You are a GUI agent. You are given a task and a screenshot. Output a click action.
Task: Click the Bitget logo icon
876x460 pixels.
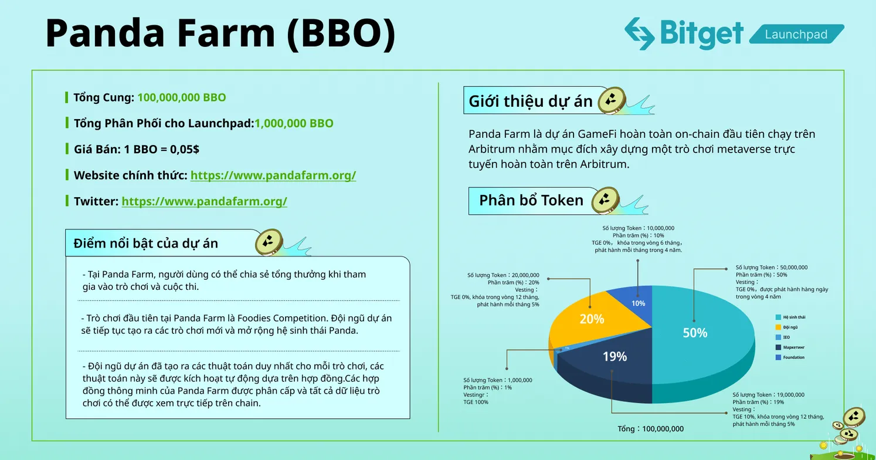pos(640,33)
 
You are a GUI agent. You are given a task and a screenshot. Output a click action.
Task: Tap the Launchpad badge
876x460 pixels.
pos(796,35)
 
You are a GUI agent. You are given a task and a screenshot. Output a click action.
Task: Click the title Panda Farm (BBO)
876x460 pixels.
pos(220,33)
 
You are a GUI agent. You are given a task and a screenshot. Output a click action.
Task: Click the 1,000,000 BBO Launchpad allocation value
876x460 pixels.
pos(294,123)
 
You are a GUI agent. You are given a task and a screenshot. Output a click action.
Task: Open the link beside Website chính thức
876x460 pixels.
pos(273,175)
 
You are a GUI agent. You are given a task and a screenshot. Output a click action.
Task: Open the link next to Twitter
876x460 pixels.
pos(204,201)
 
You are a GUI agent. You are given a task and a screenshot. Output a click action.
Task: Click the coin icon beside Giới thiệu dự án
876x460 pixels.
pos(612,100)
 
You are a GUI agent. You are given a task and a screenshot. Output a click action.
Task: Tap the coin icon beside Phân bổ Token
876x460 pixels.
pos(606,201)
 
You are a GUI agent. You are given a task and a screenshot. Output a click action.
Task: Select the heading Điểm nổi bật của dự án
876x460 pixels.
pos(146,243)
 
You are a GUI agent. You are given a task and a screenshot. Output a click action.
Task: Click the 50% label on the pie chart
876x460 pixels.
pos(695,333)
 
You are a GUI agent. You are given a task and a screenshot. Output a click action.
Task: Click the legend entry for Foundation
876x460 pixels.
pos(793,357)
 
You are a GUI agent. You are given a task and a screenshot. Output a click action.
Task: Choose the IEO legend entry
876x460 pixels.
pos(786,337)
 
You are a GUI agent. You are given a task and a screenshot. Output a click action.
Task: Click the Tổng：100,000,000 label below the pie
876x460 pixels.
pos(651,429)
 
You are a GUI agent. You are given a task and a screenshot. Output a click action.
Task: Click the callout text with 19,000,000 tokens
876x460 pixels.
pos(768,395)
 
